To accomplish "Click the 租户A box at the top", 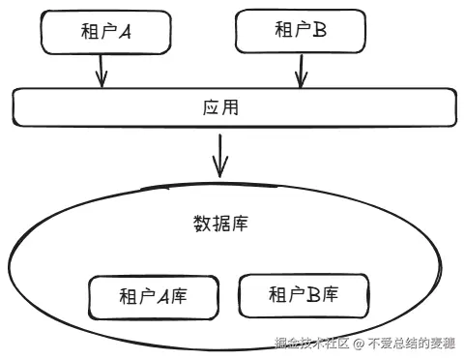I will pos(104,32).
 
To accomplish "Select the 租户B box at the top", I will pos(299,32).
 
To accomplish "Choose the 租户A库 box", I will pos(152,297).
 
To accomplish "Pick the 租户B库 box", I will pos(303,294).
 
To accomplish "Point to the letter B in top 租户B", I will pos(319,32).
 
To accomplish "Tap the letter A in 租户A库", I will pos(163,297).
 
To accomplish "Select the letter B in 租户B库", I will pos(313,294).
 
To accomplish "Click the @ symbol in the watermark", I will pos(358,344).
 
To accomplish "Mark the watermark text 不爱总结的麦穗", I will pos(410,344).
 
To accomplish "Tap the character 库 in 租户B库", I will pos(333,294).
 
